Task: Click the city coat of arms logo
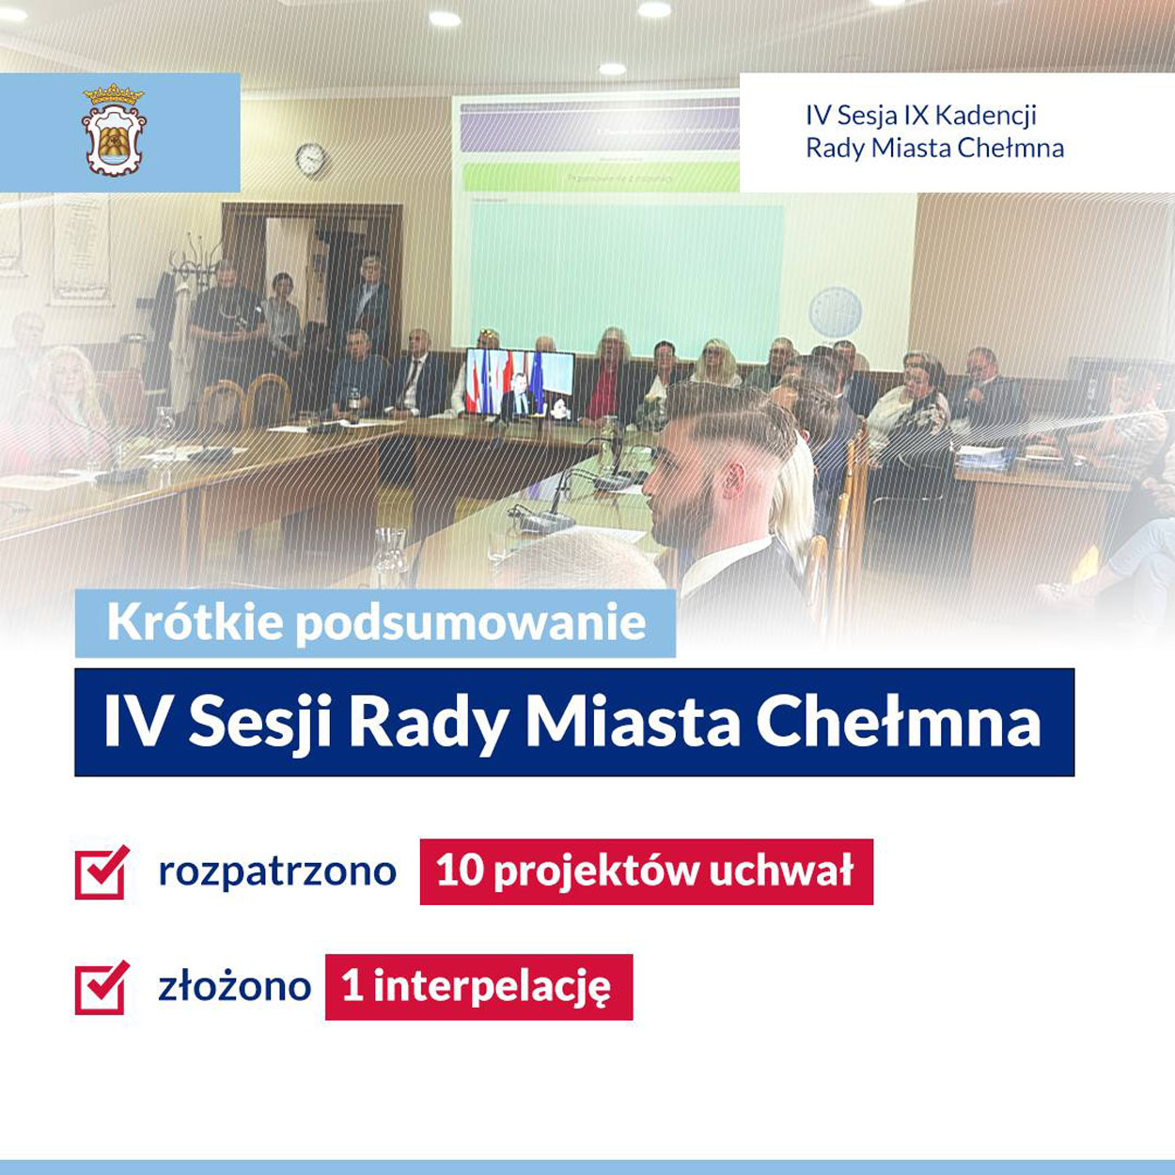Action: (114, 130)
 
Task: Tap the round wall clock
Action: (311, 159)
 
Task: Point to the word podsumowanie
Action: (471, 624)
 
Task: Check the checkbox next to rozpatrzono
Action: (102, 872)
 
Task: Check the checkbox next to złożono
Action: (102, 987)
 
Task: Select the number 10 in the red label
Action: (461, 871)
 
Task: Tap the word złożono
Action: (235, 987)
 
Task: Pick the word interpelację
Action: (492, 989)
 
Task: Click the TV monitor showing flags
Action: (520, 384)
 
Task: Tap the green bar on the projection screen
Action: (601, 178)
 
